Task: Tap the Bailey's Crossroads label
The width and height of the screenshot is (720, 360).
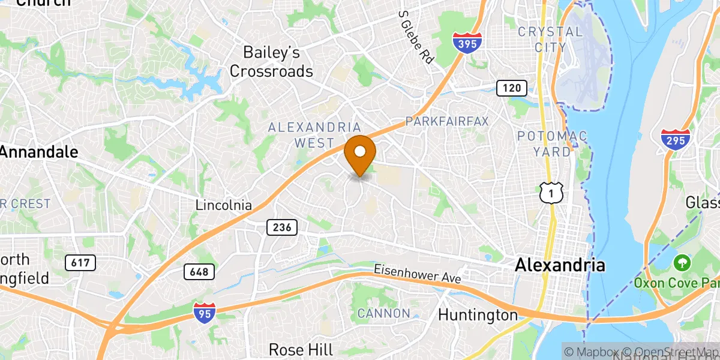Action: point(272,62)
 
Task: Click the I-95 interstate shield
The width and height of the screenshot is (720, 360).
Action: point(204,313)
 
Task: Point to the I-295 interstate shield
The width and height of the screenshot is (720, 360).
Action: point(675,139)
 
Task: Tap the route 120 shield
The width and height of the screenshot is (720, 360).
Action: point(511,88)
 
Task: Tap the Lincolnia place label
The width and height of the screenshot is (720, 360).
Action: point(224,205)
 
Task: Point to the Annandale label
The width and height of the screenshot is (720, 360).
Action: point(40,152)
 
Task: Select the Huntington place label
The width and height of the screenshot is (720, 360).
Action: point(478,314)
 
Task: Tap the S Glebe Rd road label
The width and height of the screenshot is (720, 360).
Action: point(416,37)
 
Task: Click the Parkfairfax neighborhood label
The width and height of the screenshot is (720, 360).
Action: point(447,121)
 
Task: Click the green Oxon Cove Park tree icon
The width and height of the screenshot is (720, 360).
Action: point(681,262)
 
